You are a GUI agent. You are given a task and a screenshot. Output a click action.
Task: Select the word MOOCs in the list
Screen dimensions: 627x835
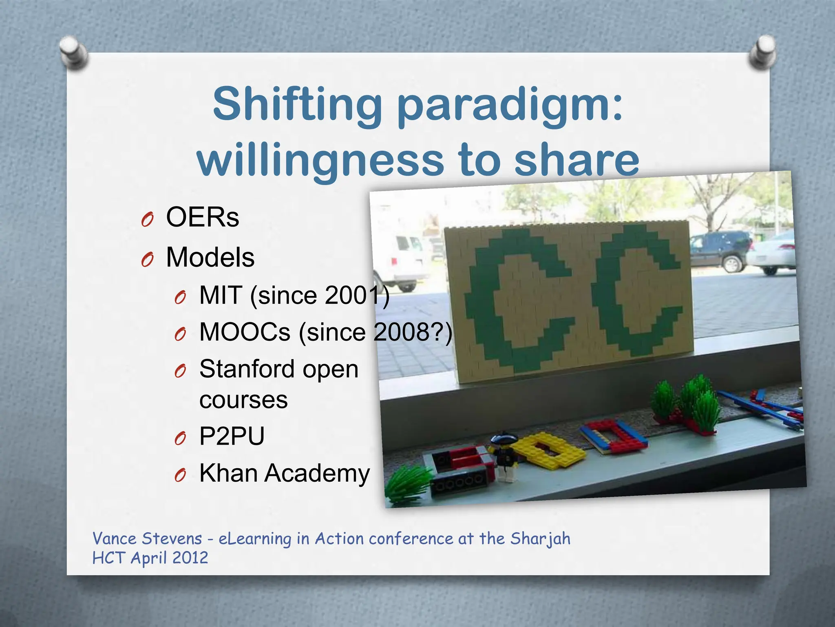click(245, 331)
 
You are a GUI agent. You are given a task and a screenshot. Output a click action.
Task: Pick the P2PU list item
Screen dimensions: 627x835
click(232, 436)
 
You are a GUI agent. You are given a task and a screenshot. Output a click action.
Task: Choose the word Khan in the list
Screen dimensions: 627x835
click(228, 473)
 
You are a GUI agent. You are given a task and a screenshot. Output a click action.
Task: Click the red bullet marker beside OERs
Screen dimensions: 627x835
click(147, 220)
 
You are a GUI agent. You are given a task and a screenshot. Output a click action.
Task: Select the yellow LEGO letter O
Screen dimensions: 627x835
click(548, 449)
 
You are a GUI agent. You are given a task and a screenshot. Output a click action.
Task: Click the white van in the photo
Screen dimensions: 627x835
click(402, 261)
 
